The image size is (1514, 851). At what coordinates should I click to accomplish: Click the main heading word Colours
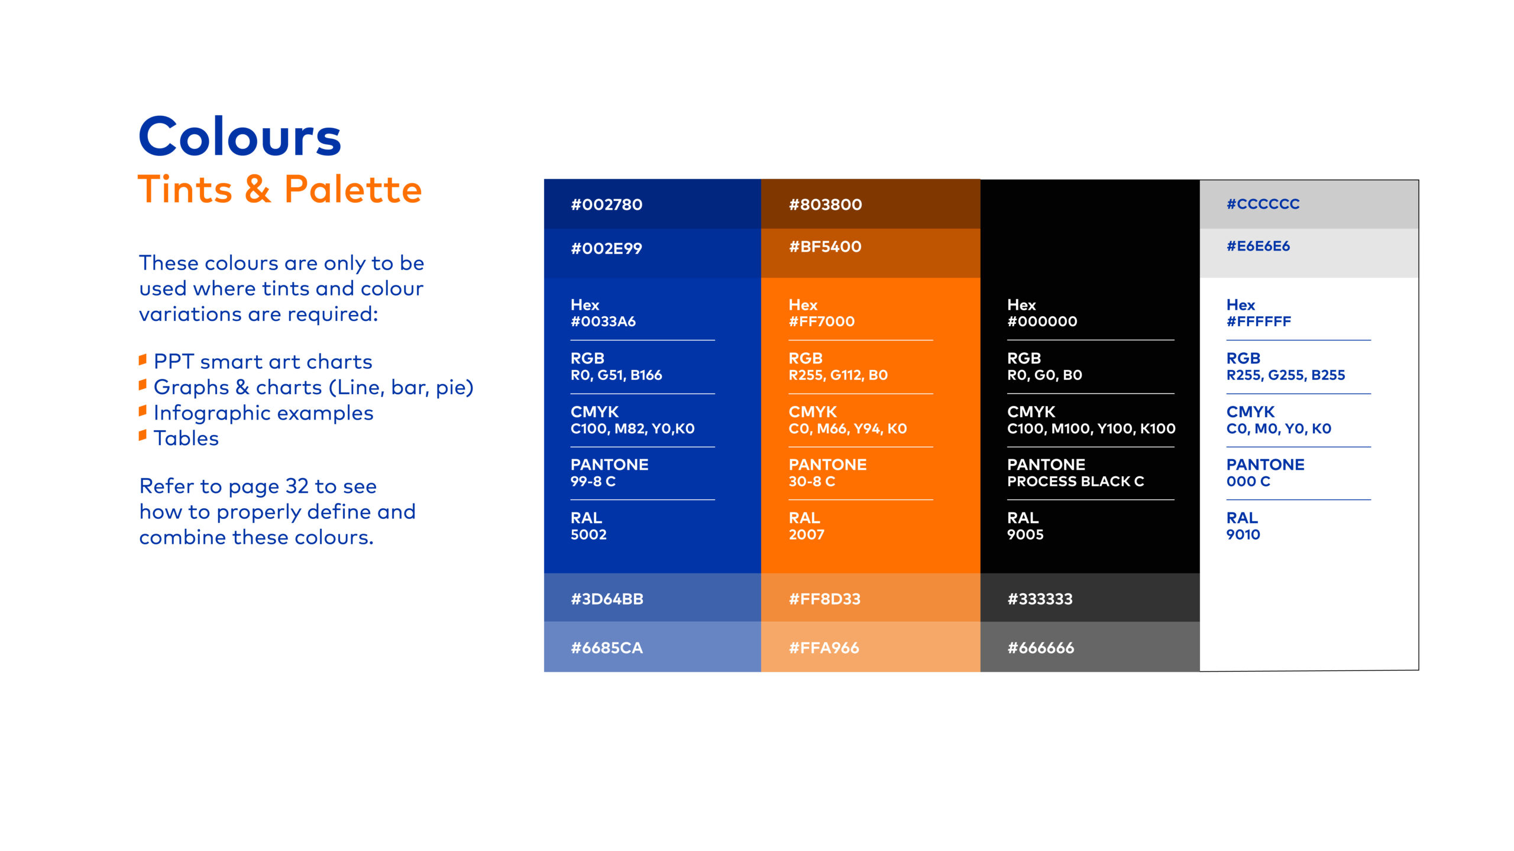pos(240,137)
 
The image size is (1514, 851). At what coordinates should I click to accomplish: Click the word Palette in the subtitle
pos(353,189)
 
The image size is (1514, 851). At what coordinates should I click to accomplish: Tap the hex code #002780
pos(606,204)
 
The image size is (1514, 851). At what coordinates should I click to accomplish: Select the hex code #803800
pos(825,204)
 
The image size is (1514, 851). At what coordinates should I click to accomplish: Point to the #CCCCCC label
pos(1263,204)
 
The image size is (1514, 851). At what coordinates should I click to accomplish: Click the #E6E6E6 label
pos(1258,246)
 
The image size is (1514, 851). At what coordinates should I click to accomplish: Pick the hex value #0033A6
pos(603,321)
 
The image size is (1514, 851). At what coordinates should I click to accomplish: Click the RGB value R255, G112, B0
pos(838,375)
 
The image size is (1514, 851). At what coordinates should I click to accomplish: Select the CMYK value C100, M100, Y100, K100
pos(1091,428)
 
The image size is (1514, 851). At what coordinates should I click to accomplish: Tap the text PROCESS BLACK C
pos(1075,482)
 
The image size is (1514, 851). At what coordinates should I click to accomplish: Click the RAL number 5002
pos(588,535)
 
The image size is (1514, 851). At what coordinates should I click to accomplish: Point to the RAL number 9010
pos(1243,535)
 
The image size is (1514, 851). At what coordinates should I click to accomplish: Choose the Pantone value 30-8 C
pos(812,482)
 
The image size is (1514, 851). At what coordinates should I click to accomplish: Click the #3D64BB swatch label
pos(607,599)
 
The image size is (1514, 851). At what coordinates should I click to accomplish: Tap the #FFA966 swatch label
pos(824,648)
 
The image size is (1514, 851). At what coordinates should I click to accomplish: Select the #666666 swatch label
pos(1041,648)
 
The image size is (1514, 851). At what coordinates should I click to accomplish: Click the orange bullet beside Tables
pos(143,436)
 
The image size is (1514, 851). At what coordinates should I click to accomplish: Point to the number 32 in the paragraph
pos(297,486)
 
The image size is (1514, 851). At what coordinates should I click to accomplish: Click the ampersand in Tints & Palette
pos(258,190)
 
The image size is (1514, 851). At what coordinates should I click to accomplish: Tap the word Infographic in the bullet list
pos(214,413)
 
